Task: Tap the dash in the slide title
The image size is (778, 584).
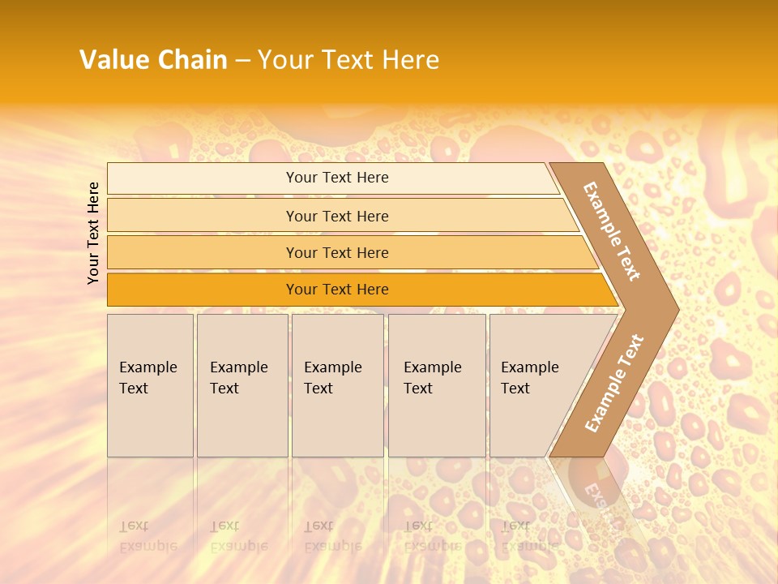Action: coord(242,61)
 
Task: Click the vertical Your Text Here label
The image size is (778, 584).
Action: coord(93,233)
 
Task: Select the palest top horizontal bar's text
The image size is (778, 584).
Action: coord(337,178)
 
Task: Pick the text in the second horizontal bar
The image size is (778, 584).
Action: coord(337,216)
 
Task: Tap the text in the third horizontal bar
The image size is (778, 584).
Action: coord(337,252)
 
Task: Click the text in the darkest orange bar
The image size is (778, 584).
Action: coord(337,290)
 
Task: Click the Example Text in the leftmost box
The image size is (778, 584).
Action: coord(147,378)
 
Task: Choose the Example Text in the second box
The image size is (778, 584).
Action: coord(238,378)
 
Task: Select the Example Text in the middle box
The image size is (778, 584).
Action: coord(332,378)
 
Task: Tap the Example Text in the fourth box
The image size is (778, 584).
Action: coord(432,378)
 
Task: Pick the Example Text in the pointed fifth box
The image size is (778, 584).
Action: coord(529,378)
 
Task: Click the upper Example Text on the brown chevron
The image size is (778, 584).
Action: coord(612,231)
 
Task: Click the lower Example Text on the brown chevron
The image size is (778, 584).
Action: coord(613,384)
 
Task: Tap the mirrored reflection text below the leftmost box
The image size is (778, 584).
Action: coord(147,536)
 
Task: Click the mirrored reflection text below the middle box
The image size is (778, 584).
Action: coord(332,536)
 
